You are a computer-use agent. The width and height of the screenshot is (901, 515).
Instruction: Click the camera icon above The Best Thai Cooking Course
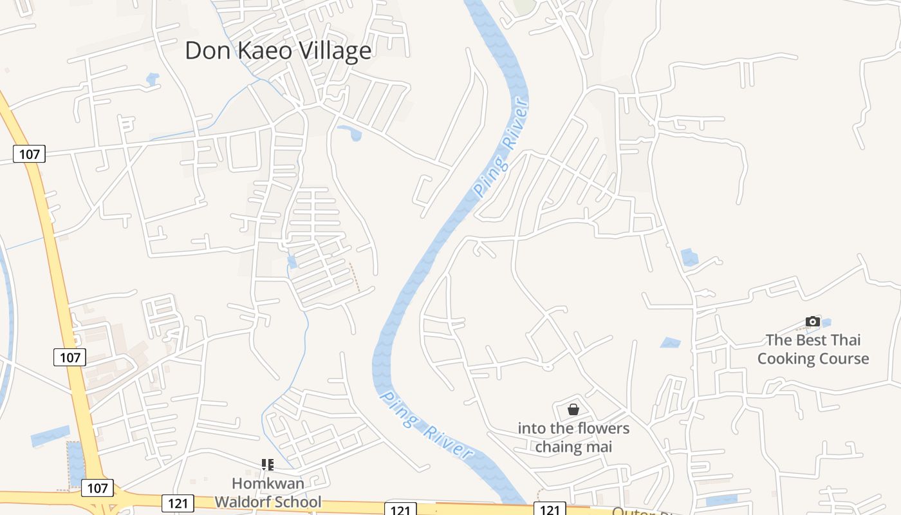[813, 321]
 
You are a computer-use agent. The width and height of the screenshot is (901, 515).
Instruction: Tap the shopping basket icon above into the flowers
[573, 409]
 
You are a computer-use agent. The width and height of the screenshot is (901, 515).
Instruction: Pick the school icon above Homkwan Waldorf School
[268, 464]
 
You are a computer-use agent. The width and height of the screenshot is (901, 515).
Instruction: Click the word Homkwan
[268, 483]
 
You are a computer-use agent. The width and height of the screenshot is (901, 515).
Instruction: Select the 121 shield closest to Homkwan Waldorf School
[178, 503]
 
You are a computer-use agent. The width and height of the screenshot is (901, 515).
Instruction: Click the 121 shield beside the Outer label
[550, 510]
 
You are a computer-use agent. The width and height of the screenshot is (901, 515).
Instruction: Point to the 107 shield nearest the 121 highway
[97, 488]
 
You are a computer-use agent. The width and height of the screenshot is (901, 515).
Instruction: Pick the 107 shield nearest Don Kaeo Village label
[29, 154]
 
